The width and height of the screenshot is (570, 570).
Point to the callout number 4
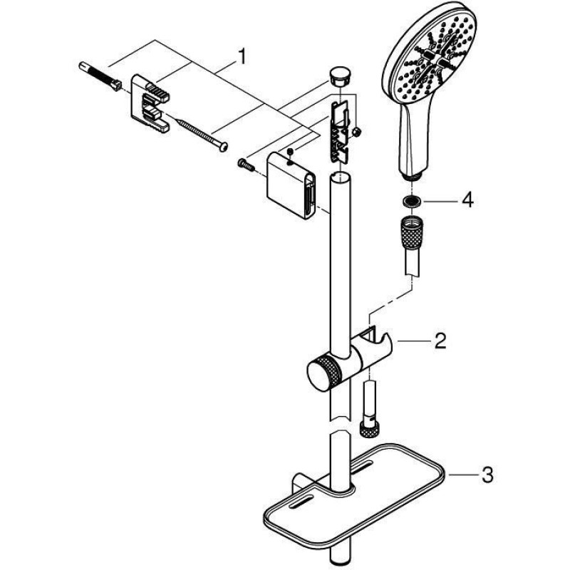(467, 201)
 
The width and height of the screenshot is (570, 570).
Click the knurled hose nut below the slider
(370, 428)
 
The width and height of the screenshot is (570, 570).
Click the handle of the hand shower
(410, 142)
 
